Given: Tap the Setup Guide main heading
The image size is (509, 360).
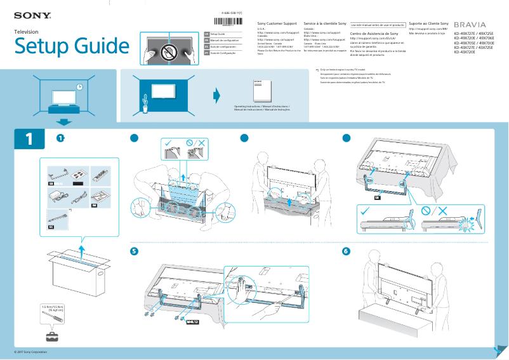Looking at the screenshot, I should [71, 46].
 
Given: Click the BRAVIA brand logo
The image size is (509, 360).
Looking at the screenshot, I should [470, 24].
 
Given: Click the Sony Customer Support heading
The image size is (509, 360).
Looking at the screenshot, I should [277, 22].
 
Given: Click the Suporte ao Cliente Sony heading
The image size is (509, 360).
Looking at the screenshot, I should [428, 22].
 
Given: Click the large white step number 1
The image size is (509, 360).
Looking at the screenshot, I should [29, 139].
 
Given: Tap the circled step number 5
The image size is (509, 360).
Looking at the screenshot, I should [134, 251].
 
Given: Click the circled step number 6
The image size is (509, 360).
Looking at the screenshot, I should [346, 251].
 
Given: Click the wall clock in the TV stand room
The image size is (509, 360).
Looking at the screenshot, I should [79, 86].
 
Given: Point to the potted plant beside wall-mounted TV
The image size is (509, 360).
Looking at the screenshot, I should [145, 103].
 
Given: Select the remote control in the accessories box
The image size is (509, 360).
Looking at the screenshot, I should [100, 171].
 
